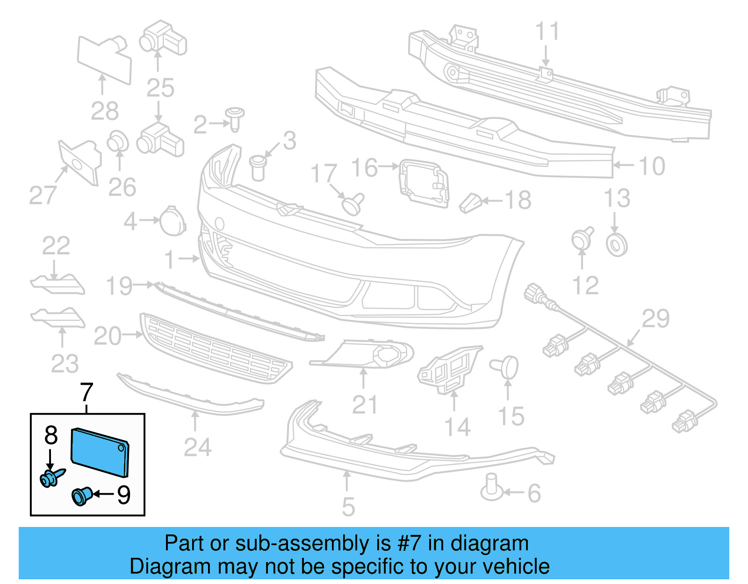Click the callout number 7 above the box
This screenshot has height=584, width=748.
click(86, 393)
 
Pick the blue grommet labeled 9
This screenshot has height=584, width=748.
click(81, 496)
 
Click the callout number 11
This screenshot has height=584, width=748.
click(547, 32)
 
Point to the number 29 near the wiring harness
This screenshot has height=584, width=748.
click(655, 319)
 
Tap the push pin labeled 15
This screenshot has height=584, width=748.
click(506, 367)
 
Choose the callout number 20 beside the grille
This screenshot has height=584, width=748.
click(108, 336)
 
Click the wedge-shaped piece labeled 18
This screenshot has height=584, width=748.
click(470, 203)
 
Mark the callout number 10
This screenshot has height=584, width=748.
click(652, 166)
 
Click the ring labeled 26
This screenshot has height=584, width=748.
click(118, 141)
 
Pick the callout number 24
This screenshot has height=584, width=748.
click(197, 447)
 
